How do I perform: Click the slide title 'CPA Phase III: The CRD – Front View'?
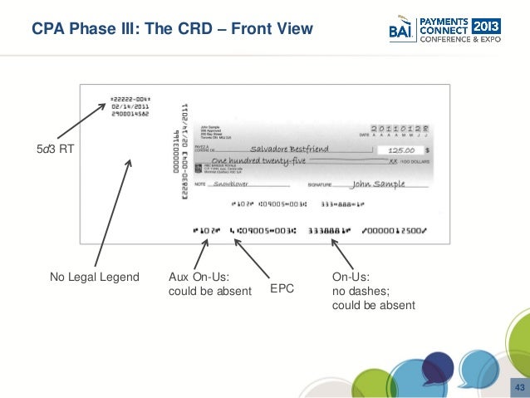(x=172, y=30)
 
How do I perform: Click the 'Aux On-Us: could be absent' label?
(x=209, y=284)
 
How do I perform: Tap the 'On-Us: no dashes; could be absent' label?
(x=373, y=291)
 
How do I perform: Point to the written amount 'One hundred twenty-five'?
(x=258, y=161)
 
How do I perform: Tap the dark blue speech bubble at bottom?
(x=438, y=366)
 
